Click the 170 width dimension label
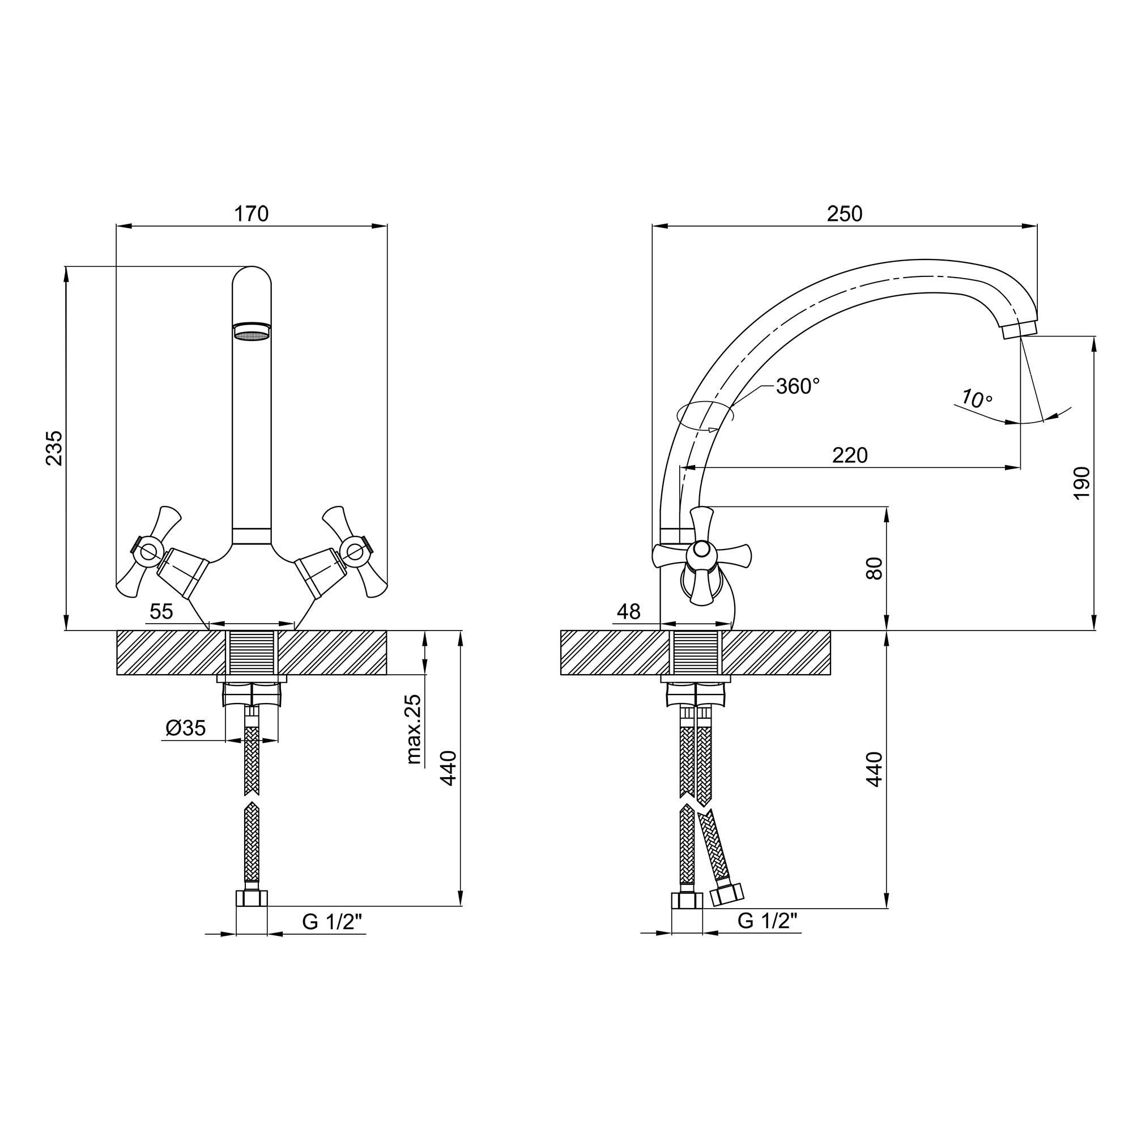(252, 214)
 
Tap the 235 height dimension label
(54, 448)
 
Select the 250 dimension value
(845, 214)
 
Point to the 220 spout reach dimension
(850, 455)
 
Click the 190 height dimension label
(1081, 483)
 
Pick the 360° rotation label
(798, 386)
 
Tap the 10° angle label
(977, 399)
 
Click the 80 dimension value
(874, 568)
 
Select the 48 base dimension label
(629, 612)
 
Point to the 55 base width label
(161, 612)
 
